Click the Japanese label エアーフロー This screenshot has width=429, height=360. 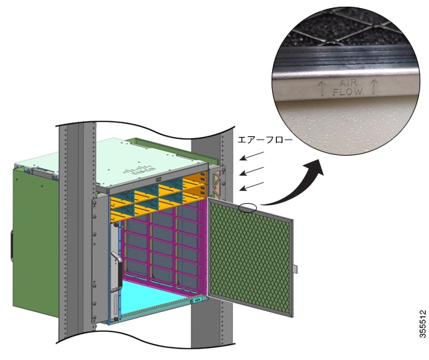pos(265,140)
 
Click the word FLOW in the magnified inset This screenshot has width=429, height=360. pos(348,92)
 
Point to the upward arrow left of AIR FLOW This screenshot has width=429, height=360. pos(321,87)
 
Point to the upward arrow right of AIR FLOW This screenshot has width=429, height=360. pos(374,86)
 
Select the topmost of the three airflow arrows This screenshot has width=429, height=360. pos(252,156)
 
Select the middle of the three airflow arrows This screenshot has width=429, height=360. pos(252,171)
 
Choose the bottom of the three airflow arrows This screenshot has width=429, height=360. pos(252,186)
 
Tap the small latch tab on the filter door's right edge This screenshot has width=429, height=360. pos(295,268)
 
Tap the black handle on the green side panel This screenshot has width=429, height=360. pos(12,246)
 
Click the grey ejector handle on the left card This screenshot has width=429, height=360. pos(117,272)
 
